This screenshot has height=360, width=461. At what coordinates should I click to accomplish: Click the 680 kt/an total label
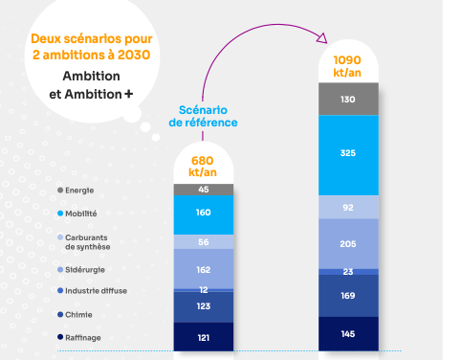(203, 166)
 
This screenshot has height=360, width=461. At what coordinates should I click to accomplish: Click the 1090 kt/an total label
(347, 66)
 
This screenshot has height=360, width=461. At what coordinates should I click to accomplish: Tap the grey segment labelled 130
(347, 99)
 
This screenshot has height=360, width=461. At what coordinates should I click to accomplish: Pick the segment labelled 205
(347, 244)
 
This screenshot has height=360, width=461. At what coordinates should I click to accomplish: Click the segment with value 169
(347, 296)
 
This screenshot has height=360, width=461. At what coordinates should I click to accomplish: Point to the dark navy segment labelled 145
(347, 333)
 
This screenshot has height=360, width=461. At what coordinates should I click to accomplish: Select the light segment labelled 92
(347, 206)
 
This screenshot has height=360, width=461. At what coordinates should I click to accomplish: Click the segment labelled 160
(203, 214)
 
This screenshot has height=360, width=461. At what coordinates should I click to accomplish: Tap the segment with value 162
(203, 269)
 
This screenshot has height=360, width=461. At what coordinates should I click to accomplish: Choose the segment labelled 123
(203, 306)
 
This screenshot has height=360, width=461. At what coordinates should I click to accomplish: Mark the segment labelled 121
(203, 337)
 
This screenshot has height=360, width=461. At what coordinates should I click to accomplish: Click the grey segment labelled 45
(203, 189)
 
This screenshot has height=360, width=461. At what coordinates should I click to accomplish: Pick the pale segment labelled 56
(203, 242)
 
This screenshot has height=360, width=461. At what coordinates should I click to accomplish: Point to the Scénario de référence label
(203, 116)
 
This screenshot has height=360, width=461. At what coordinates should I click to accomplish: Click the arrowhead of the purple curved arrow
(321, 38)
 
